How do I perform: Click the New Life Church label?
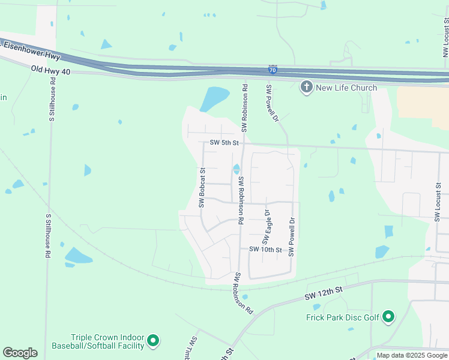coord(346,88)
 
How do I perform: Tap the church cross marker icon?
coord(306,88)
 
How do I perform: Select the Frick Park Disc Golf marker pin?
coord(388,316)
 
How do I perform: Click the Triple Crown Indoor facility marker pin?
coord(153,341)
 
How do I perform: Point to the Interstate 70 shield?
coord(273,71)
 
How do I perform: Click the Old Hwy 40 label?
coord(51,71)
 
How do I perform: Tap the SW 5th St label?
coord(224,143)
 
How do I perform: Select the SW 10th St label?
coord(265,249)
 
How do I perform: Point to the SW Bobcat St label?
coord(203,188)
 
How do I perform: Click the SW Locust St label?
coord(438,204)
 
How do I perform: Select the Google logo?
coord(20,353)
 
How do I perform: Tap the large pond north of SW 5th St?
coord(214,98)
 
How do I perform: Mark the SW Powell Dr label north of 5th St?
coord(274,104)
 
